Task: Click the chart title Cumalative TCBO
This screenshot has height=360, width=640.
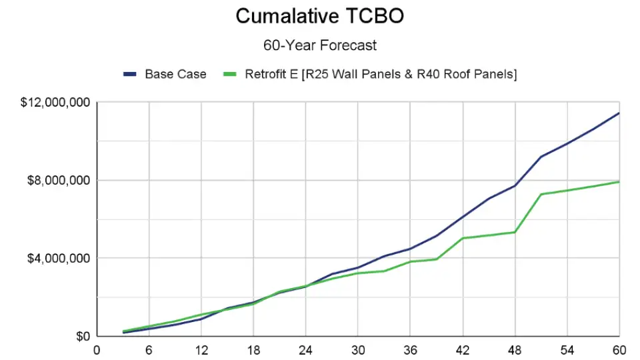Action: (319, 16)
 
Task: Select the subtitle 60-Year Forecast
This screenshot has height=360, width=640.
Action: (320, 45)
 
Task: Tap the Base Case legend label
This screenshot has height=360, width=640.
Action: (175, 74)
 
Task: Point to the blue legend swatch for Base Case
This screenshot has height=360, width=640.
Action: (130, 74)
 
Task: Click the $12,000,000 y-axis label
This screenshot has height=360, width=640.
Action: (56, 103)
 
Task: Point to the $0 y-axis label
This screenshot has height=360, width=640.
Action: (84, 336)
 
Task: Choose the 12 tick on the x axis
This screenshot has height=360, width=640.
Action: (201, 349)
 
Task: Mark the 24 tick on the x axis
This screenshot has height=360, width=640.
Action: (305, 349)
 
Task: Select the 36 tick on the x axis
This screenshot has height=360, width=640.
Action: (410, 349)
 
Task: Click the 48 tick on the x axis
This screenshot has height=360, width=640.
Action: (515, 349)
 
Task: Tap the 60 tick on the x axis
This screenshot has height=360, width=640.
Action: (619, 349)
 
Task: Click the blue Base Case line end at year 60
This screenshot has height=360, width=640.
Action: (619, 113)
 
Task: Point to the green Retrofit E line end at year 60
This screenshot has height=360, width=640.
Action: (619, 182)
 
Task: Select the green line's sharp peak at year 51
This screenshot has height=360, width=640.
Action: (541, 195)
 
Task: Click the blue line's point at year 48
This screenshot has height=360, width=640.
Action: (515, 185)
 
